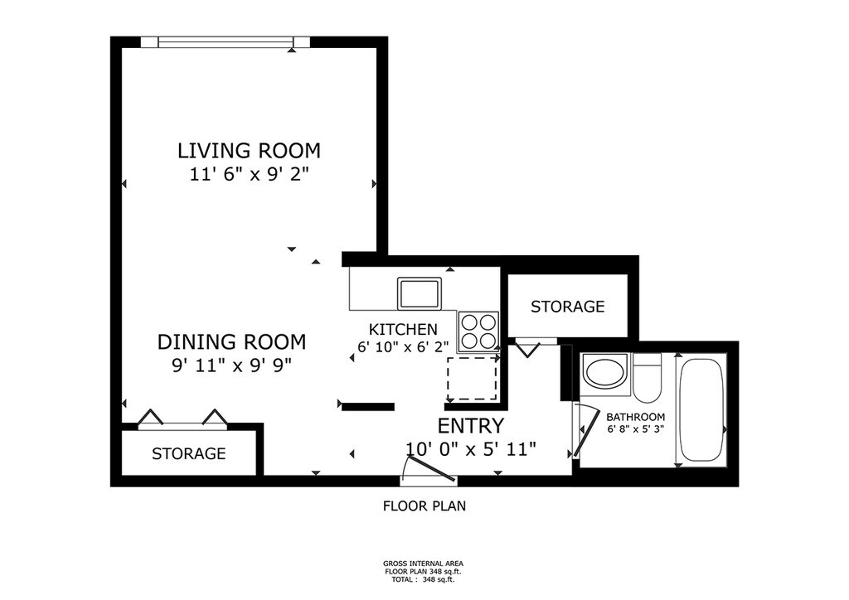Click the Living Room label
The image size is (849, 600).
point(249,150)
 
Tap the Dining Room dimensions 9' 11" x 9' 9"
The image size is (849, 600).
point(232,365)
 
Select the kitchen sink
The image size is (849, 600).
point(420,293)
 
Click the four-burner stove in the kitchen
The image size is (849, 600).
point(478,331)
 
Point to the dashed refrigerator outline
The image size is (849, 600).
point(472,378)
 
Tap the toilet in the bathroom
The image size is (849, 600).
point(647,377)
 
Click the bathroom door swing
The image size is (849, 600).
point(583,430)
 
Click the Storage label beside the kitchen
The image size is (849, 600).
point(567,307)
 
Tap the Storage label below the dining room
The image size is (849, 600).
point(188,453)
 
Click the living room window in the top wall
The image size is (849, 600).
point(226,42)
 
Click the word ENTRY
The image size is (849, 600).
point(471,426)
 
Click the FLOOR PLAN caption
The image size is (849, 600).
point(424,506)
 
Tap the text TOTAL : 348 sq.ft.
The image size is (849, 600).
point(423,579)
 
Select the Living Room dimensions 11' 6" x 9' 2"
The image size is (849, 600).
point(249,174)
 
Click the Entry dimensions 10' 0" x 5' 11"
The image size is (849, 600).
point(471,448)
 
